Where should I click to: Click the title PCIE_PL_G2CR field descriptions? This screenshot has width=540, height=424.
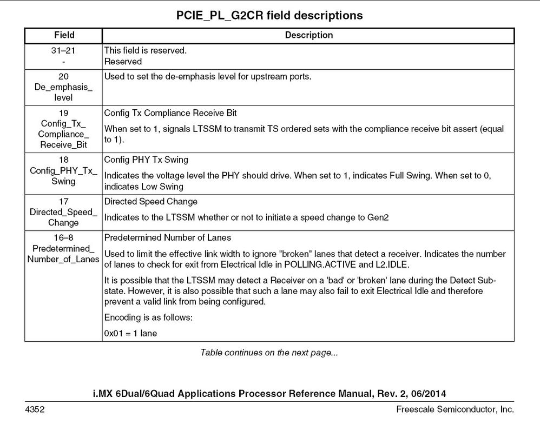[x=269, y=15]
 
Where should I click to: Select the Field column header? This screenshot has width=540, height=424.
[x=64, y=35]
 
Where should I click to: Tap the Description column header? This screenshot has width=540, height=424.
[x=308, y=35]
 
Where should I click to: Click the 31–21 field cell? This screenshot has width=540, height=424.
[x=64, y=56]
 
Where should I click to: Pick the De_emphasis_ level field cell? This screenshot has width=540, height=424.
[x=64, y=87]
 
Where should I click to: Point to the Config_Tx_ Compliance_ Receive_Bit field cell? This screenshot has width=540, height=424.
[x=64, y=129]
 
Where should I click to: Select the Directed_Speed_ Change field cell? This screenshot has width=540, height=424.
[x=64, y=212]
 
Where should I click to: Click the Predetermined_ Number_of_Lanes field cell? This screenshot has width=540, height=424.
[x=64, y=248]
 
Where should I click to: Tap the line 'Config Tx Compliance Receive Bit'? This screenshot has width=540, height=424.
[x=170, y=113]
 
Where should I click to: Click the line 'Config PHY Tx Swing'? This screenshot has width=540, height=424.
[x=146, y=160]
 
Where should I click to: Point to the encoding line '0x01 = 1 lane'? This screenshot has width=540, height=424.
[x=130, y=333]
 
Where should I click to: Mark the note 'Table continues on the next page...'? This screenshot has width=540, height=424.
[x=269, y=353]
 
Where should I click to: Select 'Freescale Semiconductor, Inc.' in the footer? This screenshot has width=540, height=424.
[x=455, y=409]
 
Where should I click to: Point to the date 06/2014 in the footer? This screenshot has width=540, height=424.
[x=429, y=393]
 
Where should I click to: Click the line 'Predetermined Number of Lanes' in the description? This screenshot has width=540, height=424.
[x=168, y=237]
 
